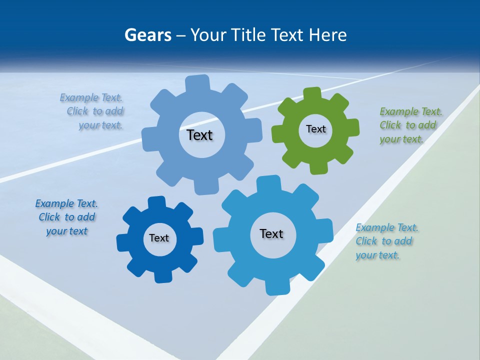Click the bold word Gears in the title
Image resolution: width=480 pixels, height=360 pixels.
click(x=147, y=35)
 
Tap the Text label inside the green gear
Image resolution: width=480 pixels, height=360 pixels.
click(x=315, y=129)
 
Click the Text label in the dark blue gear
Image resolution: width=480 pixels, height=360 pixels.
click(x=159, y=238)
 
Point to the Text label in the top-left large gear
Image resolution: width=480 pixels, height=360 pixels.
click(x=199, y=135)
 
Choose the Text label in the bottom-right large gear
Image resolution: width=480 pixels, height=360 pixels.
click(x=271, y=233)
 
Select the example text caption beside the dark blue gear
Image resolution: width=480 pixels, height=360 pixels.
click(x=66, y=217)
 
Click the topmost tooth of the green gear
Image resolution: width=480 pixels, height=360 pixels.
click(x=312, y=93)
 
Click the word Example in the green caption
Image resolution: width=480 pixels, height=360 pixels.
click(x=399, y=111)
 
